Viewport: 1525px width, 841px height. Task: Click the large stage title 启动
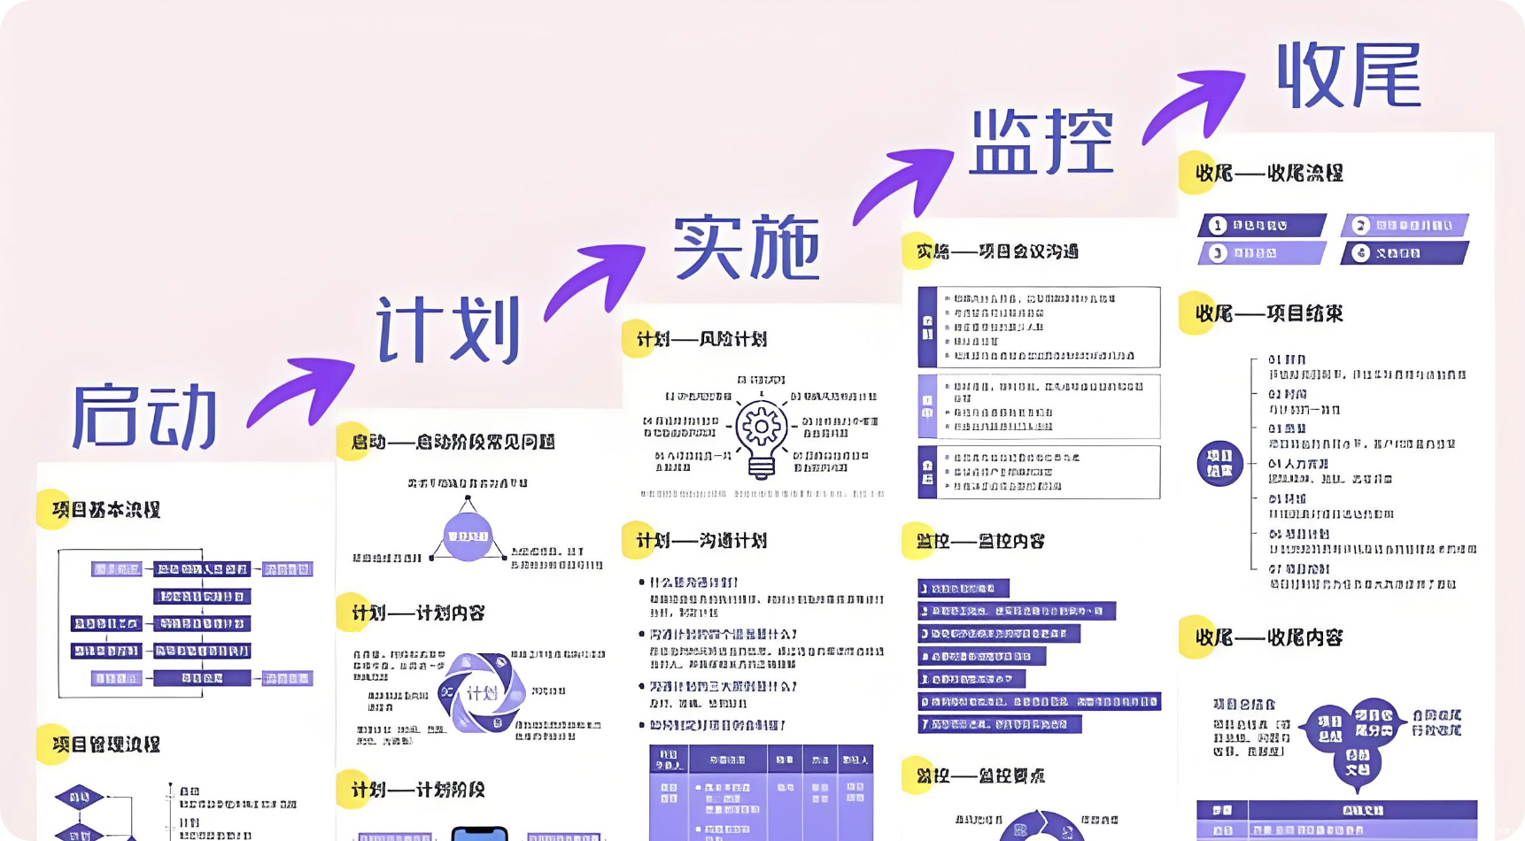click(x=144, y=416)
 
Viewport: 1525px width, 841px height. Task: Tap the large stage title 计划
click(x=448, y=329)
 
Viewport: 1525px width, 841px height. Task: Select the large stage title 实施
click(x=747, y=248)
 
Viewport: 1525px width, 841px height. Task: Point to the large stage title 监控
click(x=1041, y=143)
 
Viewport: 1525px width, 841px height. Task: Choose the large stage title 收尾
click(x=1349, y=76)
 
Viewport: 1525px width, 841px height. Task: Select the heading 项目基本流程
click(x=105, y=510)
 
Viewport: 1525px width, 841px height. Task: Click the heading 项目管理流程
click(x=105, y=745)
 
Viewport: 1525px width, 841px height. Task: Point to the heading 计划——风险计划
click(x=701, y=339)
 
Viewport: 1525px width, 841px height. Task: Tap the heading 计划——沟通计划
click(x=701, y=541)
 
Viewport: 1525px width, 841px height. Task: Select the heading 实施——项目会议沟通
click(x=996, y=251)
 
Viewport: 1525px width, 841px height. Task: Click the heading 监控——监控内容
click(x=979, y=541)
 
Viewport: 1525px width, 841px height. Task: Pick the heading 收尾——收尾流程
click(x=1268, y=173)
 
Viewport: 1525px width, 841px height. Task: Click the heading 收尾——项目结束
click(x=1268, y=313)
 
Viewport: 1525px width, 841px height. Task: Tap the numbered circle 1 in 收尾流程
click(x=1218, y=226)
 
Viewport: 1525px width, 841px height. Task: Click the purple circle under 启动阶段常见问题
click(x=468, y=536)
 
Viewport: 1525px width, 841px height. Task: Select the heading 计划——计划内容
click(x=417, y=613)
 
